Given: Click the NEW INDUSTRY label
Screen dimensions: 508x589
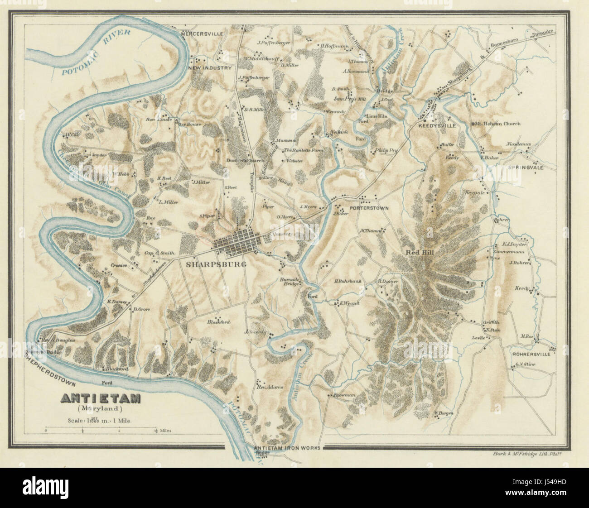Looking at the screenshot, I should [x=210, y=68].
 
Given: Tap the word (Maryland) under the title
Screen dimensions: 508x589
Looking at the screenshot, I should [x=99, y=409].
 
